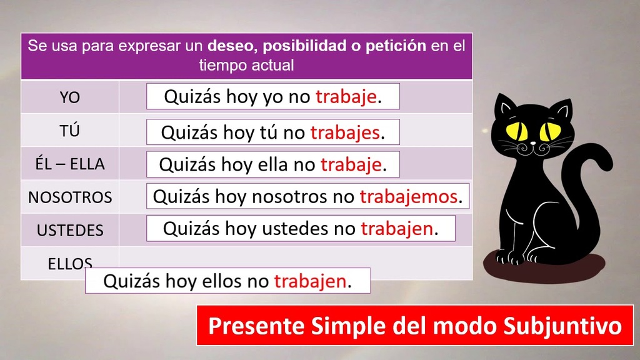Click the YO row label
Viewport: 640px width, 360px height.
point(70,97)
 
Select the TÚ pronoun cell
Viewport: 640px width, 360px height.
point(70,131)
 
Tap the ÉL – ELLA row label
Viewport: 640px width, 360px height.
point(70,164)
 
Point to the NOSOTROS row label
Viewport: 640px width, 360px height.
point(70,197)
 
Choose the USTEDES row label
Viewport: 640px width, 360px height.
point(70,231)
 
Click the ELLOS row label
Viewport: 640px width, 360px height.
point(70,264)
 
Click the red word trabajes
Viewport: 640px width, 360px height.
point(345,132)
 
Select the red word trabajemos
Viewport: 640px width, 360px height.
point(408,197)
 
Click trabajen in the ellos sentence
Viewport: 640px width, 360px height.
point(310,281)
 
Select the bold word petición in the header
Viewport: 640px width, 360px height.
point(396,46)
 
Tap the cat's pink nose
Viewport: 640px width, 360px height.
point(532,143)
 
